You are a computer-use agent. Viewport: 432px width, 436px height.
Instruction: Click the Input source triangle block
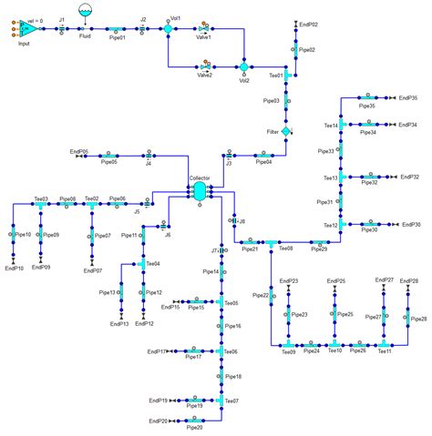[x=27, y=29]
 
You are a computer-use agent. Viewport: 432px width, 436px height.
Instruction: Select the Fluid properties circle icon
[x=85, y=12]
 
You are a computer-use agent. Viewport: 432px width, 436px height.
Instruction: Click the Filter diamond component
[x=286, y=132]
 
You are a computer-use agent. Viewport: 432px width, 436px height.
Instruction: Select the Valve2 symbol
[x=206, y=66]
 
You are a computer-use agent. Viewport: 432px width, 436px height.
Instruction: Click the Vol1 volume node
[x=169, y=29]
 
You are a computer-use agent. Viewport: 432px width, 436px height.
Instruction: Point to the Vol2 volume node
[x=244, y=66]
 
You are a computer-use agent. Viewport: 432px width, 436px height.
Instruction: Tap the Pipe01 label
[x=116, y=39]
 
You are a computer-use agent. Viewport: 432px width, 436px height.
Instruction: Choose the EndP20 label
[x=157, y=421]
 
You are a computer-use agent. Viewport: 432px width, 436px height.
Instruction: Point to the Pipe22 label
[x=260, y=295]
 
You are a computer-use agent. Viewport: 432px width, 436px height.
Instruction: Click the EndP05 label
[x=78, y=150]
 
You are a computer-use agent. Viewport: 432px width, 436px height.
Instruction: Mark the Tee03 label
[x=41, y=198]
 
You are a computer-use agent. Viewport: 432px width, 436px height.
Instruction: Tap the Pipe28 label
[x=418, y=319]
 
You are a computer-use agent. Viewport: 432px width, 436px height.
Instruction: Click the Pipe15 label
[x=196, y=308]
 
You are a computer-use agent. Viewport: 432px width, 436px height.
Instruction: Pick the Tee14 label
[x=330, y=126]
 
